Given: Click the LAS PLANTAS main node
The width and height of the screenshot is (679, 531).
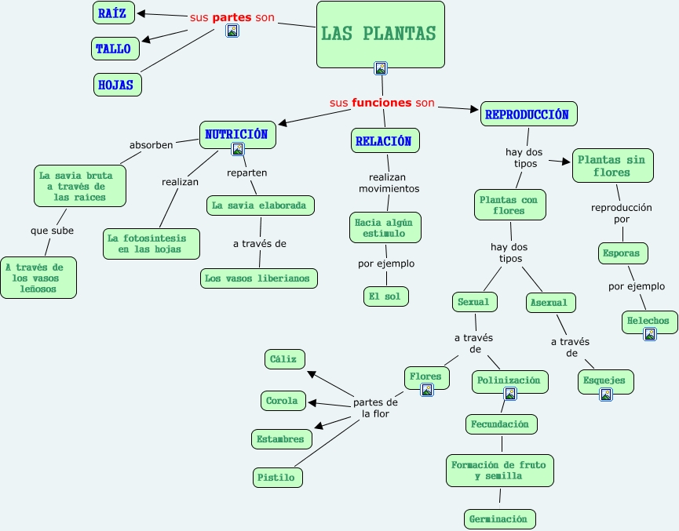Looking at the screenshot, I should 380,34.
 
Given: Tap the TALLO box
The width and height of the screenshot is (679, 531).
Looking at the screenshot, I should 115,49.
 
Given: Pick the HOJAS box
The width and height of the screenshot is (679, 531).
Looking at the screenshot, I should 117,85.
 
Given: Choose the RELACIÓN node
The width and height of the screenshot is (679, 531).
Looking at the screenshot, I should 385,140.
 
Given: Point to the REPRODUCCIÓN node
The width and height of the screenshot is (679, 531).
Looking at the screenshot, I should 528,114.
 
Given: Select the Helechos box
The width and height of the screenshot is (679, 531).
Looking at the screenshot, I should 648,321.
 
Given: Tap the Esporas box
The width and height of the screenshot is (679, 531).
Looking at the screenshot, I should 624,253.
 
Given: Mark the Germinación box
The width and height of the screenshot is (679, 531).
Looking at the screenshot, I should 500,518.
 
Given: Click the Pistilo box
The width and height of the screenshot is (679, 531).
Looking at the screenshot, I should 277,476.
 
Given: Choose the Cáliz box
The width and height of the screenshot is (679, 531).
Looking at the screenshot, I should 284,359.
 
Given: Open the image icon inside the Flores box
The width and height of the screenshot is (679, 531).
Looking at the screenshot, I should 427,390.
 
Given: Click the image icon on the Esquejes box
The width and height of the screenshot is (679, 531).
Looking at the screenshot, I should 606,395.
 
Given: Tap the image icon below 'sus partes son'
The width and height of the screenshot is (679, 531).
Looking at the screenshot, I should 232,31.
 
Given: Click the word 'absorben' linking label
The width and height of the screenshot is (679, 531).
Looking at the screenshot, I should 151,145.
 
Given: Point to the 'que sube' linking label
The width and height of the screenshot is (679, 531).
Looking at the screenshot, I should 52,231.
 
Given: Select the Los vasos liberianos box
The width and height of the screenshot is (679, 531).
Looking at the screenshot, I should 259,278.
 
